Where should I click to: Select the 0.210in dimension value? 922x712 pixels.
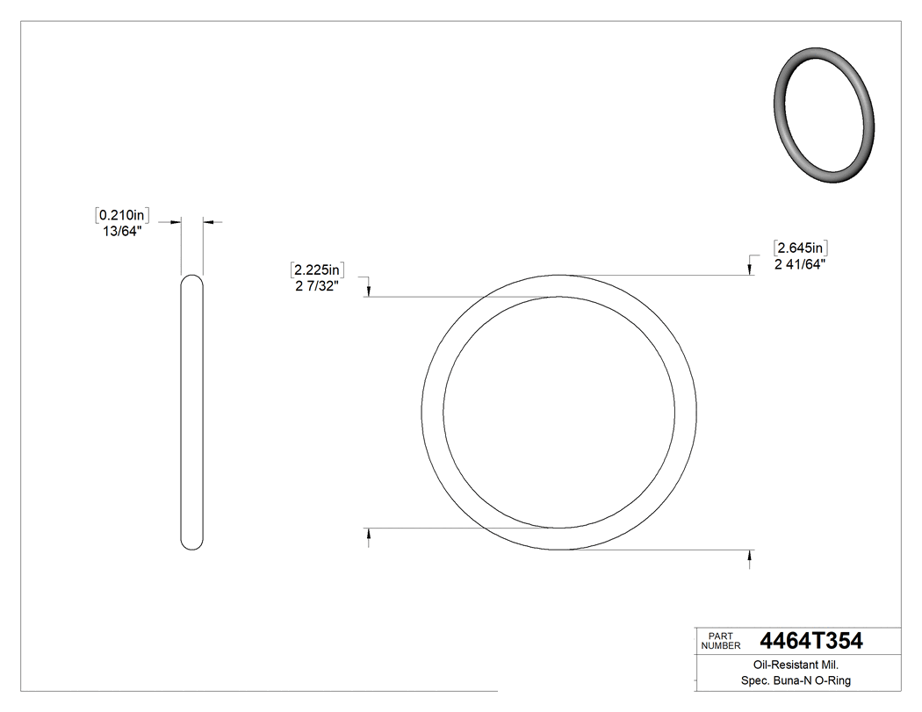[122, 214]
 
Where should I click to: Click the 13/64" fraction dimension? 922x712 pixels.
[123, 232]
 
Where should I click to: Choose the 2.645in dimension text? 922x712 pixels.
[800, 248]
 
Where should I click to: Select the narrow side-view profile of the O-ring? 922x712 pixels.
[192, 413]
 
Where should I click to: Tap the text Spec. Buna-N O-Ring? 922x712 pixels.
[789, 681]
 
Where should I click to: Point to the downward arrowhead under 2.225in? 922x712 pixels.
[369, 291]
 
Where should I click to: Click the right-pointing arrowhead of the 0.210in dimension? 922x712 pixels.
[176, 222]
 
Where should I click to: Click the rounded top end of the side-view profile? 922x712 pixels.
[192, 281]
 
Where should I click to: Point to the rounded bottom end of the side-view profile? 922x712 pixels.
[192, 544]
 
